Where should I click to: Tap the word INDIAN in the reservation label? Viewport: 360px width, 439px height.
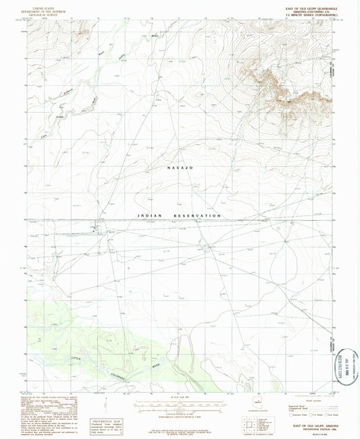(151, 215)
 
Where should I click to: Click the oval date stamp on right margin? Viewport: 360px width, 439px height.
(349, 365)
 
